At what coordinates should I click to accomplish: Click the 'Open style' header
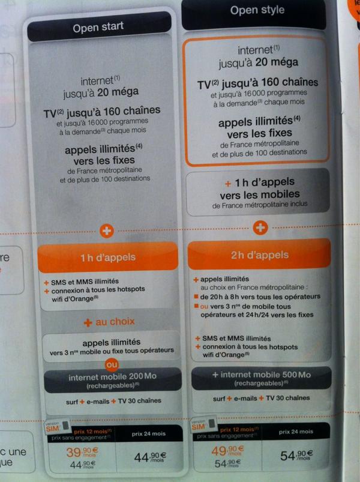coord(256,11)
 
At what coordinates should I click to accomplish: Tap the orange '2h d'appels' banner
coord(260,255)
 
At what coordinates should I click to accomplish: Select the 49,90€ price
coord(227,450)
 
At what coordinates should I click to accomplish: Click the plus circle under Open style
coord(260,228)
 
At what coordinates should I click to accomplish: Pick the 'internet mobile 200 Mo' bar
coord(109,379)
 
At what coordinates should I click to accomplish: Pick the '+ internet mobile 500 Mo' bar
coord(260,376)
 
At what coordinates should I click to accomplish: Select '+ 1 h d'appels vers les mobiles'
coord(260,188)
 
